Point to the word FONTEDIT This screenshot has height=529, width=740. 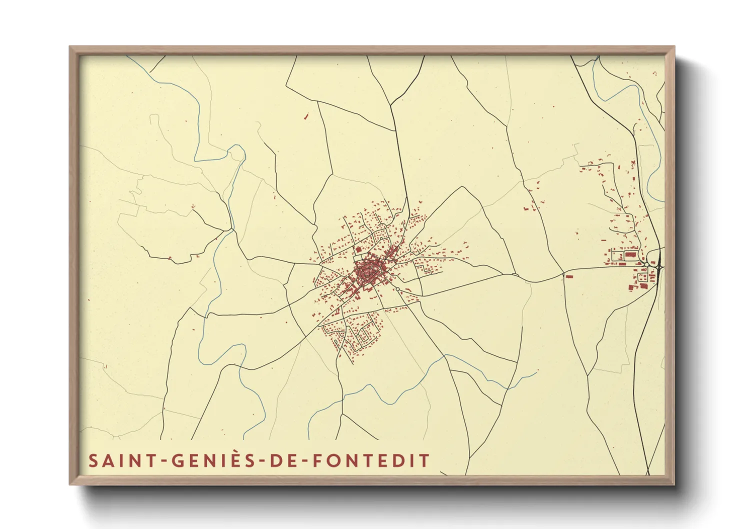click(370, 460)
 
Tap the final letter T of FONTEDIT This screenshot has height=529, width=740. click(424, 460)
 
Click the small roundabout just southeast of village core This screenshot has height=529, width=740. click(397, 289)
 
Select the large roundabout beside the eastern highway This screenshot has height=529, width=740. click(647, 264)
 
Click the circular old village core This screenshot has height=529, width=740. click(368, 272)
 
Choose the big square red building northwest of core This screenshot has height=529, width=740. click(358, 249)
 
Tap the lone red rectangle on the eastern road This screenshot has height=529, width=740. click(568, 275)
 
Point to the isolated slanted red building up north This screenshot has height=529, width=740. click(306, 116)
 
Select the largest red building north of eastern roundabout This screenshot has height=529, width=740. click(629, 254)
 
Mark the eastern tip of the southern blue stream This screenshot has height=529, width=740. click(536, 371)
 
